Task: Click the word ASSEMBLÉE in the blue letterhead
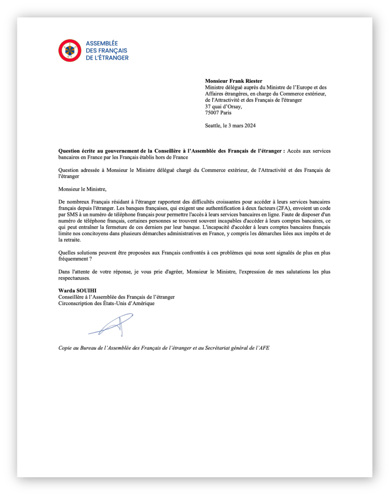102,43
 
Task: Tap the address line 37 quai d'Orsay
224,107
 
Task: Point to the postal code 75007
212,113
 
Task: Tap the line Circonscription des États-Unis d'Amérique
106,303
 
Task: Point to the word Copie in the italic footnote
66,348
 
